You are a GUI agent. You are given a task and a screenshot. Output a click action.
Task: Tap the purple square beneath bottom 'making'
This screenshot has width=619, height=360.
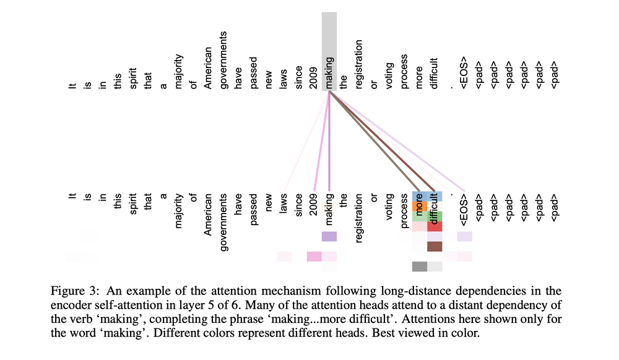(x=329, y=236)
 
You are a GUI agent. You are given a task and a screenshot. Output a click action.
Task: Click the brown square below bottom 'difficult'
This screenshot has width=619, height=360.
(x=435, y=246)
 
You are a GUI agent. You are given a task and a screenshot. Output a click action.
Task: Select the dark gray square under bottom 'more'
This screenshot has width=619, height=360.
(x=420, y=267)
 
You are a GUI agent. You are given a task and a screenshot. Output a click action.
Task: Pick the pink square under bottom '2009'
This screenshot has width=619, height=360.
(x=314, y=256)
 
